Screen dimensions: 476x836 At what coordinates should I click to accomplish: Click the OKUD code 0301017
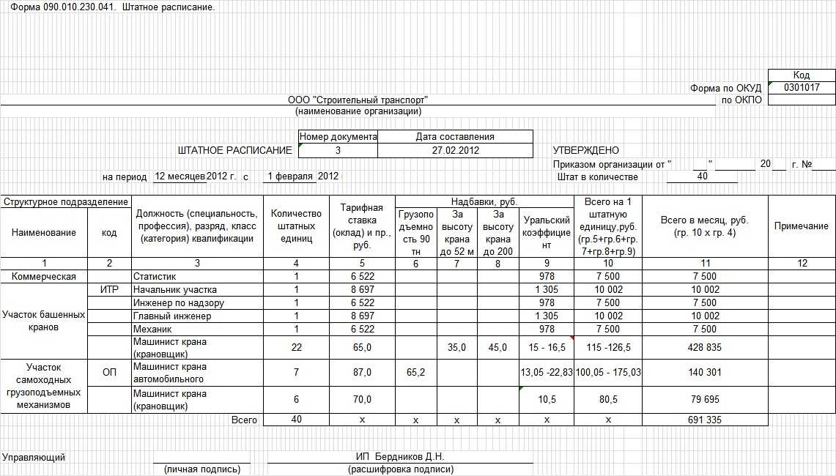click(x=802, y=87)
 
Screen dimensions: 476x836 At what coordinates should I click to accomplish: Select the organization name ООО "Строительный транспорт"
click(x=358, y=100)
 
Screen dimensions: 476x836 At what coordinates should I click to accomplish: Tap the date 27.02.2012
click(x=455, y=150)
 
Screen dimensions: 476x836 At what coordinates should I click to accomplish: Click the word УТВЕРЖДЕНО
click(x=585, y=150)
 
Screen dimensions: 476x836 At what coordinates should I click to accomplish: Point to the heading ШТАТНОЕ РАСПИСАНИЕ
click(x=234, y=150)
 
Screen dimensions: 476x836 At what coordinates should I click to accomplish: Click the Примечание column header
click(x=802, y=226)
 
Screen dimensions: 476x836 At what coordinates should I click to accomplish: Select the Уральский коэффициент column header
click(x=546, y=232)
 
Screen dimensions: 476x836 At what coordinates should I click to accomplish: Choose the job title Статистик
click(x=155, y=276)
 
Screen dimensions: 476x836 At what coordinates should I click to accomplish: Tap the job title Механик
click(x=152, y=329)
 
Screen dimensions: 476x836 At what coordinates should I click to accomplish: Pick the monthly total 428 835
click(x=705, y=348)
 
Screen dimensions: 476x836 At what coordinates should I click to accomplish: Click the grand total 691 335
click(x=705, y=420)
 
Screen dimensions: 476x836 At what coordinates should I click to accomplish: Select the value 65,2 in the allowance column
click(x=415, y=373)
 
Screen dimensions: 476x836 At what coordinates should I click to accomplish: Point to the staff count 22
click(x=296, y=348)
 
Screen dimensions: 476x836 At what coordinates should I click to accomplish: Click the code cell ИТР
click(x=109, y=289)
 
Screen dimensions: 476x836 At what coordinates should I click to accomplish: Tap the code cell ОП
click(x=109, y=373)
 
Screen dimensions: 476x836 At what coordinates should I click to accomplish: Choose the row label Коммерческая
click(x=43, y=276)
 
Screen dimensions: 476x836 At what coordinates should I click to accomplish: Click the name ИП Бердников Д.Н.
click(x=400, y=457)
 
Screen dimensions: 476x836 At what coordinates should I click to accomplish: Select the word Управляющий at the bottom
click(x=34, y=457)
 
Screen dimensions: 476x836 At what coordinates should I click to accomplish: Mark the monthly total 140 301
click(x=705, y=373)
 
